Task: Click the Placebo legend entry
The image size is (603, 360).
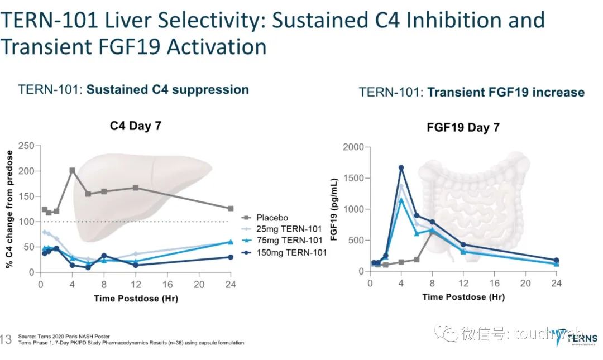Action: tap(272, 218)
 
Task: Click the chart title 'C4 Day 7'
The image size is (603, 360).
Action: tap(136, 126)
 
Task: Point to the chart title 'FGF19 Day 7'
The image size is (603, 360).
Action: tap(463, 128)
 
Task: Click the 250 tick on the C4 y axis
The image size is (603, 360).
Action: tap(26, 146)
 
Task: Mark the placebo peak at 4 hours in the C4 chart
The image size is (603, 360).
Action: tap(72, 171)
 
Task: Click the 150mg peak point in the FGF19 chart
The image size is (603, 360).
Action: tap(401, 167)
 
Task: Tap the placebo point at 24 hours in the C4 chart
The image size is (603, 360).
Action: tap(231, 208)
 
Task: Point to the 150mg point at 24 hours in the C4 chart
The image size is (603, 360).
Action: tap(231, 257)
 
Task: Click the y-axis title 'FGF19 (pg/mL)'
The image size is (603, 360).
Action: tap(334, 209)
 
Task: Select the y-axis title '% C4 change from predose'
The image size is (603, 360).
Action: tap(9, 209)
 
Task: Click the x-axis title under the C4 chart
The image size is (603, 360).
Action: tap(136, 299)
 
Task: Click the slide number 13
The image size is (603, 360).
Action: tap(7, 339)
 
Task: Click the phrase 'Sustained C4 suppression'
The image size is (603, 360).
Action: tap(167, 90)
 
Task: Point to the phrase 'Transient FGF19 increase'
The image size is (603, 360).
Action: tap(506, 93)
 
